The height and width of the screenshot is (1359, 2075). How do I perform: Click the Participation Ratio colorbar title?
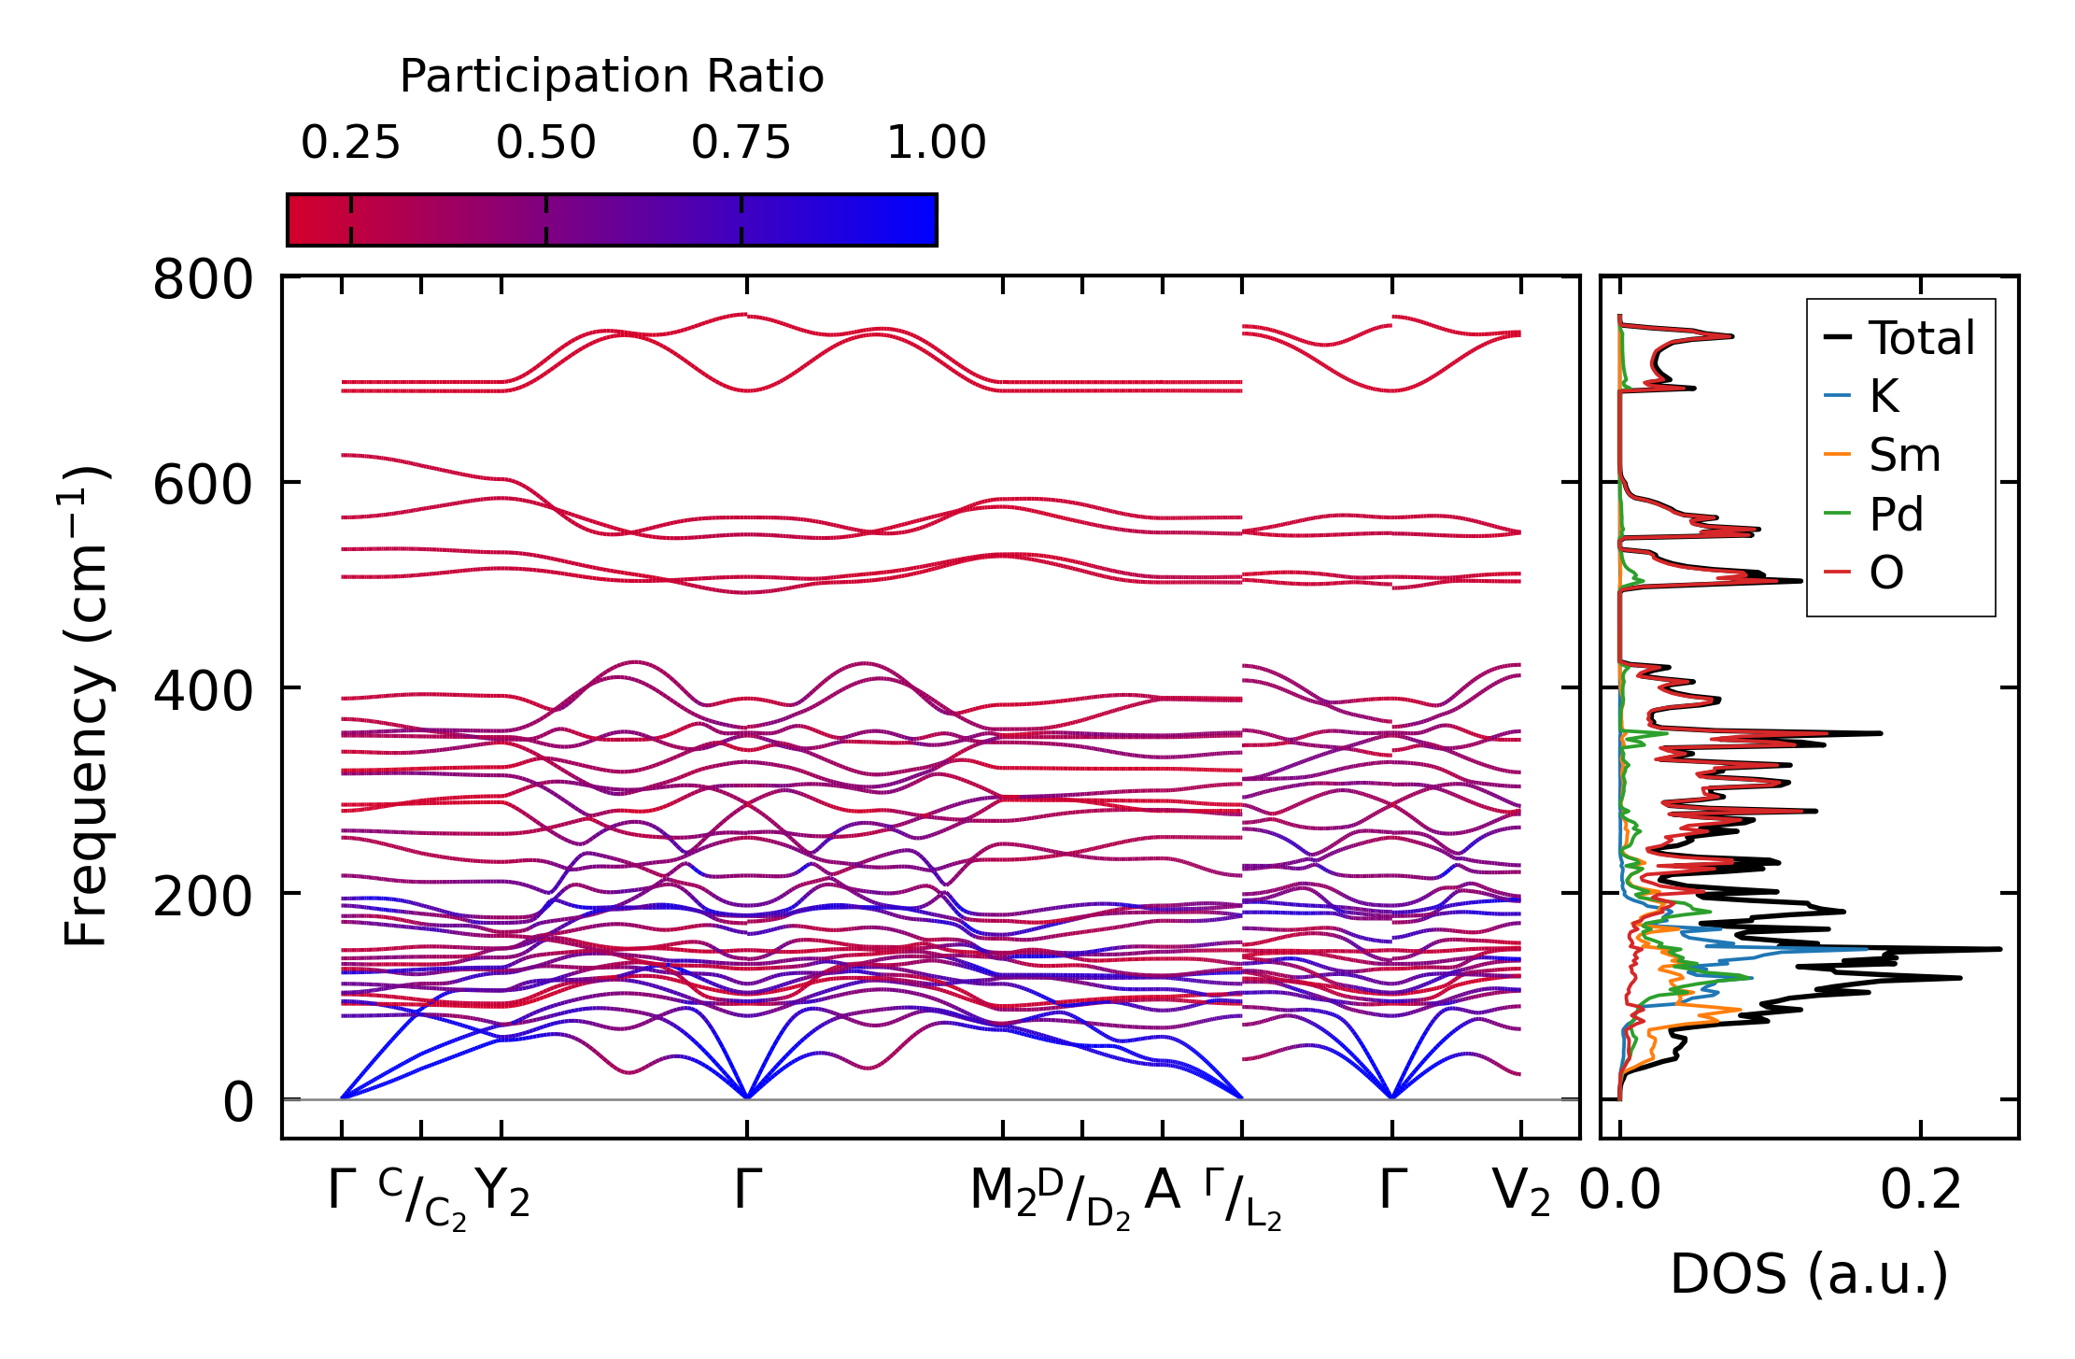pyautogui.click(x=612, y=77)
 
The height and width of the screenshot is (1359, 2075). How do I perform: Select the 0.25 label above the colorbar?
pyautogui.click(x=350, y=143)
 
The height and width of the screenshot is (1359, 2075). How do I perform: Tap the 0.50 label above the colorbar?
pyautogui.click(x=545, y=143)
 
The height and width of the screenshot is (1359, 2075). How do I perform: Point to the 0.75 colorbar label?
pyautogui.click(x=741, y=143)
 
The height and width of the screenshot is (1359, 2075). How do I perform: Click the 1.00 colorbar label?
pyautogui.click(x=936, y=143)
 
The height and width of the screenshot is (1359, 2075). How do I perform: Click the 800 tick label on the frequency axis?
pyautogui.click(x=203, y=279)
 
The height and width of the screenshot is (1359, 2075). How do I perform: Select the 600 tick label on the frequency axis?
pyautogui.click(x=203, y=485)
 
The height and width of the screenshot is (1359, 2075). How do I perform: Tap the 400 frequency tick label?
pyautogui.click(x=203, y=690)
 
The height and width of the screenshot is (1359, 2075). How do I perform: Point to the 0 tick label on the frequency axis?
pyautogui.click(x=237, y=1102)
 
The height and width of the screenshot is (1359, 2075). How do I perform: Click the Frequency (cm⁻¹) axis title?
pyautogui.click(x=86, y=705)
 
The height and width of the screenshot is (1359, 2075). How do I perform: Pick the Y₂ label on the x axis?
pyautogui.click(x=502, y=1193)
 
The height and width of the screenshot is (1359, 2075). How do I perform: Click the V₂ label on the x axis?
pyautogui.click(x=1521, y=1193)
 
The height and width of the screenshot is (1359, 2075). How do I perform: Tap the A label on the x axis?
pyautogui.click(x=1163, y=1191)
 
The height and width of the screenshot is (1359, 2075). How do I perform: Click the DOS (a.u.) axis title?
pyautogui.click(x=1809, y=1275)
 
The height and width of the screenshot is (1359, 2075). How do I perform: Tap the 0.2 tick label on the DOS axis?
pyautogui.click(x=1920, y=1191)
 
